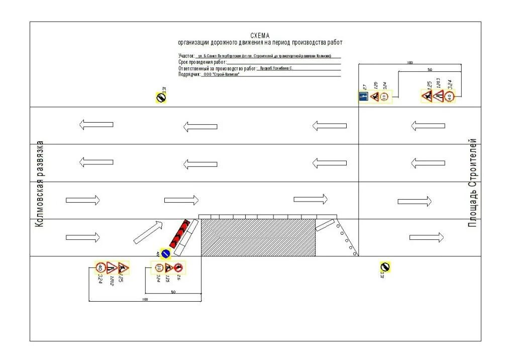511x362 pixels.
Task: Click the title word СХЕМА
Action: pyautogui.click(x=260, y=36)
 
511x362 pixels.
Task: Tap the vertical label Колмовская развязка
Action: pyautogui.click(x=40, y=184)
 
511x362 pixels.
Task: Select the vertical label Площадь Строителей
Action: pyautogui.click(x=472, y=183)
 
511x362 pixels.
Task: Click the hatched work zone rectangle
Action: pyautogui.click(x=258, y=237)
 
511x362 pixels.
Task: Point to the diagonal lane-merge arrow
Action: pyautogui.click(x=149, y=232)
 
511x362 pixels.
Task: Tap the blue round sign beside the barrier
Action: pyautogui.click(x=166, y=254)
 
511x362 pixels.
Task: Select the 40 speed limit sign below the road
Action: pyautogui.click(x=100, y=268)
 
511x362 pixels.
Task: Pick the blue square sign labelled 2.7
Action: pyautogui.click(x=364, y=97)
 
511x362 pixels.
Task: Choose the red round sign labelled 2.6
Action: pyautogui.click(x=178, y=267)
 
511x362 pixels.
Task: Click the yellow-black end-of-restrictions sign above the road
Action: pyautogui.click(x=160, y=98)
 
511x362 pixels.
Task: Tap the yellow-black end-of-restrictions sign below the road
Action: pyautogui.click(x=385, y=267)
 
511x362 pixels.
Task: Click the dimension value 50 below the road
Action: pyautogui.click(x=173, y=292)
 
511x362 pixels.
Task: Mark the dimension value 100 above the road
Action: pyautogui.click(x=410, y=63)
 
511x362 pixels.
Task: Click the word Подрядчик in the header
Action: pyautogui.click(x=189, y=74)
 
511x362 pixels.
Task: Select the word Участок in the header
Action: pyautogui.click(x=186, y=56)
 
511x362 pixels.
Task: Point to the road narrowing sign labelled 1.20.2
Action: pyautogui.click(x=112, y=268)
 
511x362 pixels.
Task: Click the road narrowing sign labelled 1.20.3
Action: pyautogui.click(x=438, y=97)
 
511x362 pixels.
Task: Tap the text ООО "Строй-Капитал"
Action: pyautogui.click(x=221, y=74)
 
